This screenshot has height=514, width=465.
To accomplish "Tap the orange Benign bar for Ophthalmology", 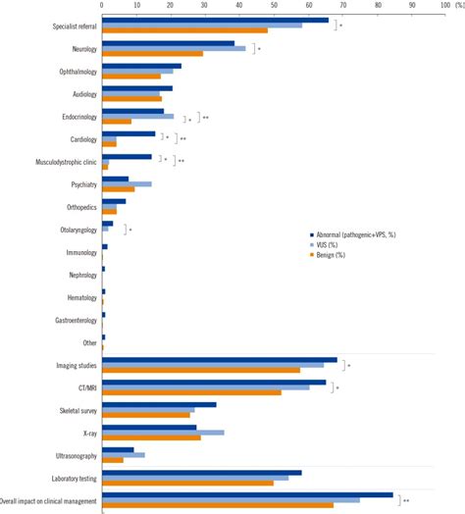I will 131,76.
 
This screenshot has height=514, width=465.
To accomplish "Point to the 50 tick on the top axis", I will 274,6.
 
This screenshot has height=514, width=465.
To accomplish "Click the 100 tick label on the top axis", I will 443,6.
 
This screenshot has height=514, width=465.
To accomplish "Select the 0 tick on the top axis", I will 102,6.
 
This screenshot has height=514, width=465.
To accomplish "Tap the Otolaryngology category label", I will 75,230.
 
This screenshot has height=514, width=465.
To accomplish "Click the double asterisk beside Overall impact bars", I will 406,500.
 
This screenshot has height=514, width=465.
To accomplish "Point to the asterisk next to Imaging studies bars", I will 348,366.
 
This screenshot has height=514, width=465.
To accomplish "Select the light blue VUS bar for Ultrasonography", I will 124,454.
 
